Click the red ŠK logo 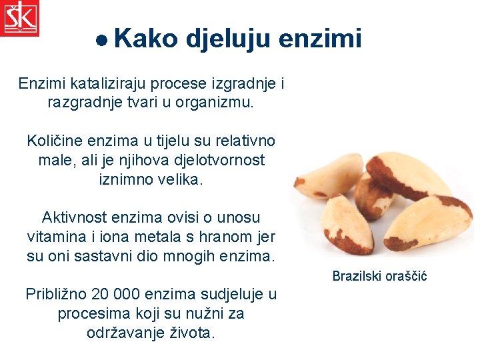(19, 18)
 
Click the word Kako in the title (146, 39)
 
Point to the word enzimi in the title (320, 39)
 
